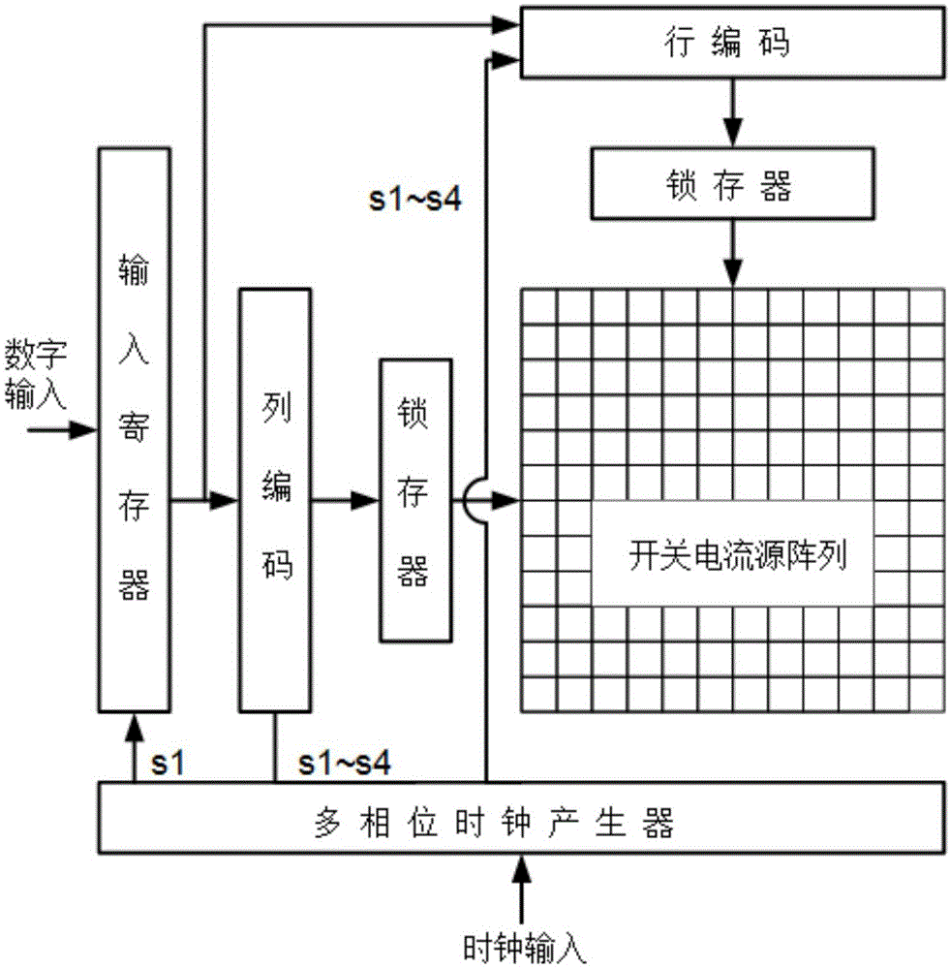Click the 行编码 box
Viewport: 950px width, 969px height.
[x=732, y=42]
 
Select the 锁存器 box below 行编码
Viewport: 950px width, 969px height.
[x=732, y=186]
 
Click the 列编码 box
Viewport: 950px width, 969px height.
[x=275, y=501]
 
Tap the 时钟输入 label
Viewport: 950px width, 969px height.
[x=524, y=943]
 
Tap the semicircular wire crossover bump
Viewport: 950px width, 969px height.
[x=474, y=501]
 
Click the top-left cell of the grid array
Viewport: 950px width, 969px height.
[x=539, y=306]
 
